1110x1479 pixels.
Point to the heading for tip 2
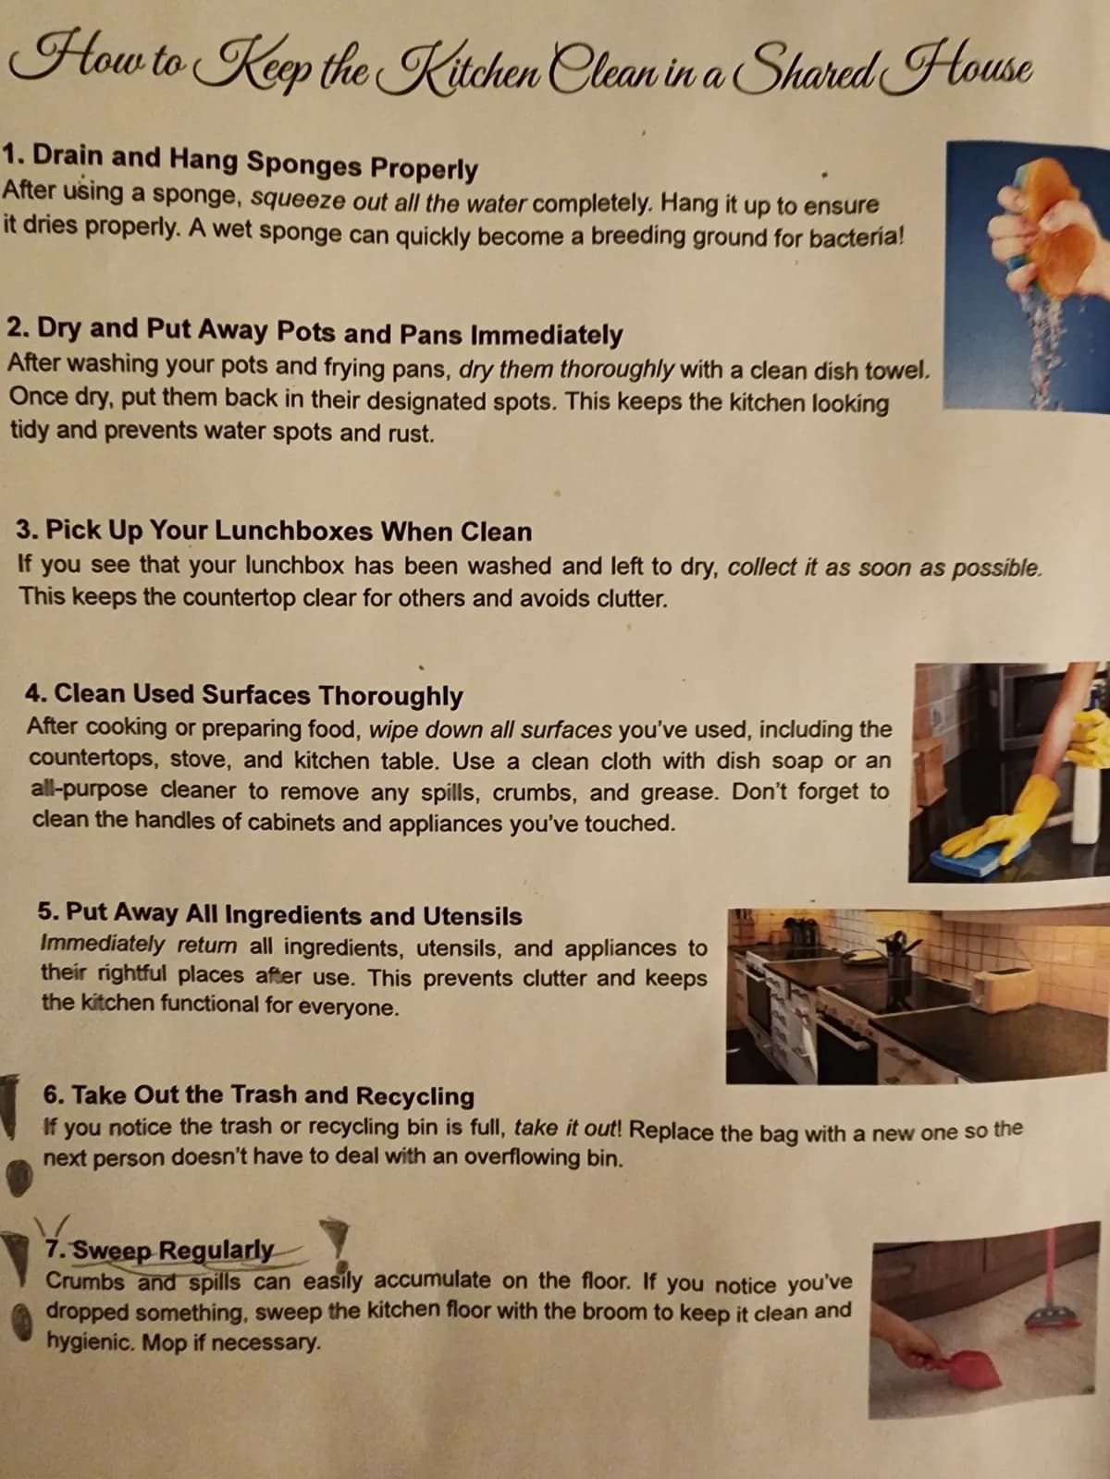pos(314,332)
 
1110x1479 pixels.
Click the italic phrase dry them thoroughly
pos(566,369)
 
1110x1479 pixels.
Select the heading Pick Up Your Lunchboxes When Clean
pos(274,531)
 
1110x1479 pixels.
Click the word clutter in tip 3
pos(632,598)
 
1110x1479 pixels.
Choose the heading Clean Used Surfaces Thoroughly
pos(244,695)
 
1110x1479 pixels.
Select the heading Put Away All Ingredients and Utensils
pos(279,914)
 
